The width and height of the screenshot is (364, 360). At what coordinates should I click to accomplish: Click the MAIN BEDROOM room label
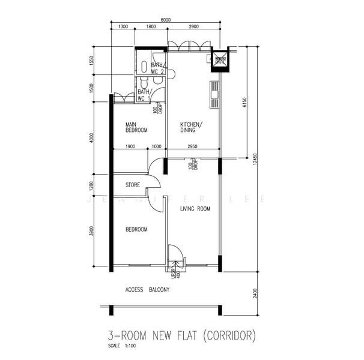(x=136, y=127)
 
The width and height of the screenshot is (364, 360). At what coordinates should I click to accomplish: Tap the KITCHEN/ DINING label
(x=192, y=127)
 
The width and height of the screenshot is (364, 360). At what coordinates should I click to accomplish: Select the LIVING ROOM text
(x=195, y=209)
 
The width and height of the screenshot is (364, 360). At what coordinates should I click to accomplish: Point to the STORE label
(x=133, y=185)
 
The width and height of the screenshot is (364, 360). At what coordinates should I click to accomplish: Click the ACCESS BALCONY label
(x=147, y=290)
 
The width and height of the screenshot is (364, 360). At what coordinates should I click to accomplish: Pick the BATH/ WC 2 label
(x=157, y=68)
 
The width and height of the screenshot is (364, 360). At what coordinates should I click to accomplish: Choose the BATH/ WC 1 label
(x=144, y=95)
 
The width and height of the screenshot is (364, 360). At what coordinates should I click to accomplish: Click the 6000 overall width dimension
(x=166, y=20)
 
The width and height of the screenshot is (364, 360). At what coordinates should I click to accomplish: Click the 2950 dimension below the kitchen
(x=193, y=148)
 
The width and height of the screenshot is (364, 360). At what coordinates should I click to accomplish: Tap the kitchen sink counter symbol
(x=214, y=94)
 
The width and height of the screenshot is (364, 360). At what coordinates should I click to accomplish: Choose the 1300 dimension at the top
(x=123, y=28)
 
